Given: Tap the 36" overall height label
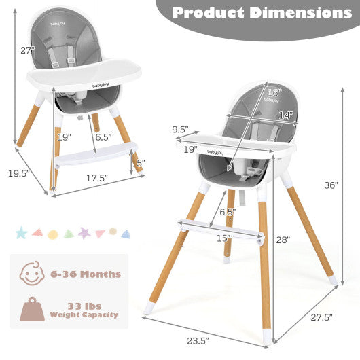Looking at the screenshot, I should coord(331,185).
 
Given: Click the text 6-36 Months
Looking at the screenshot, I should coord(85,275).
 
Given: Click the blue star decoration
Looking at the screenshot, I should coord(21,234).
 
